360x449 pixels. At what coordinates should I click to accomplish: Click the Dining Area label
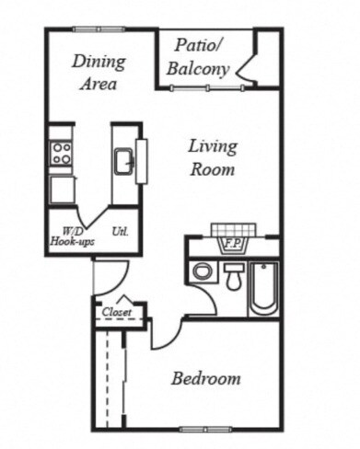click(99, 73)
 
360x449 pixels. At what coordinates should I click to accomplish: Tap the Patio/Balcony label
click(198, 57)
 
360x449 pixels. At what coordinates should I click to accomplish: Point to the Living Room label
click(213, 157)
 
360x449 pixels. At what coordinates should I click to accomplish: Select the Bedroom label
click(206, 378)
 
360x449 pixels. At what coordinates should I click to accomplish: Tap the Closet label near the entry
click(117, 312)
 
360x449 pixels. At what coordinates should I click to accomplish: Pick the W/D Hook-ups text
click(72, 236)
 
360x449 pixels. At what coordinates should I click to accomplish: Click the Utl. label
click(121, 231)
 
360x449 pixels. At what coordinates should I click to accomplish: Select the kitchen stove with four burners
click(61, 154)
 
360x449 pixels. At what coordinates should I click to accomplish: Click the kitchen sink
click(124, 162)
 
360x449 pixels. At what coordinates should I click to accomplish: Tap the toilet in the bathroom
click(234, 277)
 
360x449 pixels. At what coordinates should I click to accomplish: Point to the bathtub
click(263, 288)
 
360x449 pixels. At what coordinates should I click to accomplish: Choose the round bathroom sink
click(203, 271)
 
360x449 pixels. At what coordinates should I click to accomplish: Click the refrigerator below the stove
click(63, 190)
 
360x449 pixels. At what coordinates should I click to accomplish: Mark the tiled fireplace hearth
click(233, 230)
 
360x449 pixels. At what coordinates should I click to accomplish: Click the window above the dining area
click(99, 29)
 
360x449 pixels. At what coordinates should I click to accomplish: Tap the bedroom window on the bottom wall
click(205, 430)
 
